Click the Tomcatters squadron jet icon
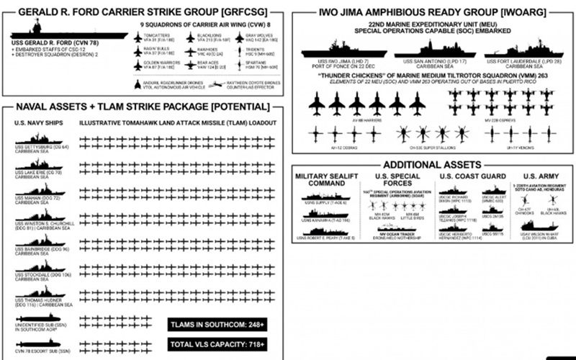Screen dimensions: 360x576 pos(138,38)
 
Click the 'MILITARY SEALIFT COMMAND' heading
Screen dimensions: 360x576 pos(323,180)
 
